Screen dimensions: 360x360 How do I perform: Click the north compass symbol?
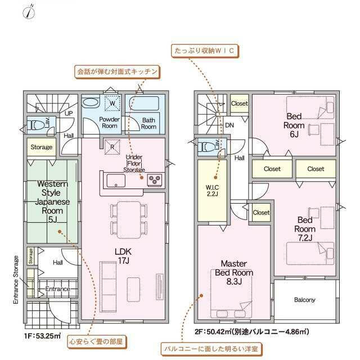[29, 12]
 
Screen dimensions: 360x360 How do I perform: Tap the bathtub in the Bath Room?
[144, 103]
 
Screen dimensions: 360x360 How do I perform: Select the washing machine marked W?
[112, 103]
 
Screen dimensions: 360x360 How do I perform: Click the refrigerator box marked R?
[112, 147]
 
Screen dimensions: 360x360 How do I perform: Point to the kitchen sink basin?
[116, 181]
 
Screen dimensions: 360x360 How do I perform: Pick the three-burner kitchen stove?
[155, 179]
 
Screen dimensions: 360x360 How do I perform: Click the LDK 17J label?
[123, 256]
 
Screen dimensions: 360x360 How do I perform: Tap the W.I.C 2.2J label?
[213, 191]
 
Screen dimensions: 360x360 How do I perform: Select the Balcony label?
[305, 300]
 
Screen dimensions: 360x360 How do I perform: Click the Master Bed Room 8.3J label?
[234, 272]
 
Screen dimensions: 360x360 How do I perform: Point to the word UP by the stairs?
[69, 114]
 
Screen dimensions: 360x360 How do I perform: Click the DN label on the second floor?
[229, 125]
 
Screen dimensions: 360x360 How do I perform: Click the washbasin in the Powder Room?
[91, 102]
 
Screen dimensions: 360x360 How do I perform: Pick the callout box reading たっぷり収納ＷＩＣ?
[205, 51]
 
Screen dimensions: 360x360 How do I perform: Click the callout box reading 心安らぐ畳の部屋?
[96, 341]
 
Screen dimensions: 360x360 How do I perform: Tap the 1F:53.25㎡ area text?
[43, 336]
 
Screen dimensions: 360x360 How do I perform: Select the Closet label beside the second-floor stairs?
[240, 103]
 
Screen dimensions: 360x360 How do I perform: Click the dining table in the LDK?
[129, 220]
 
